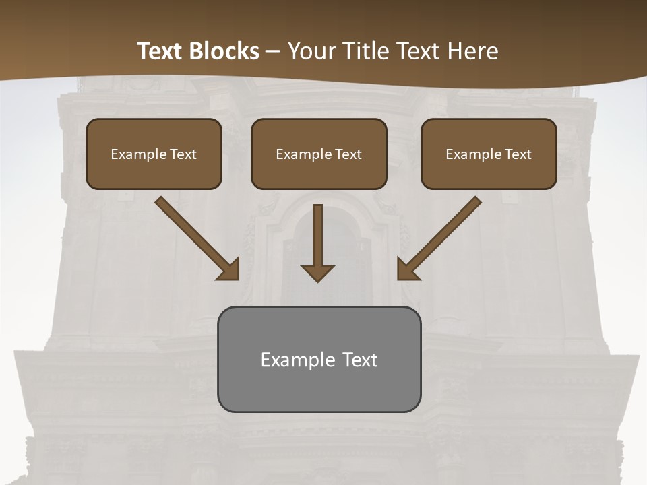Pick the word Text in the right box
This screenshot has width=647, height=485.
(x=518, y=154)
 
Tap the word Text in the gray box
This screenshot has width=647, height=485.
(x=361, y=360)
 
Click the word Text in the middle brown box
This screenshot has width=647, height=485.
(x=348, y=154)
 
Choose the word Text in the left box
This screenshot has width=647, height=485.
(x=183, y=154)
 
